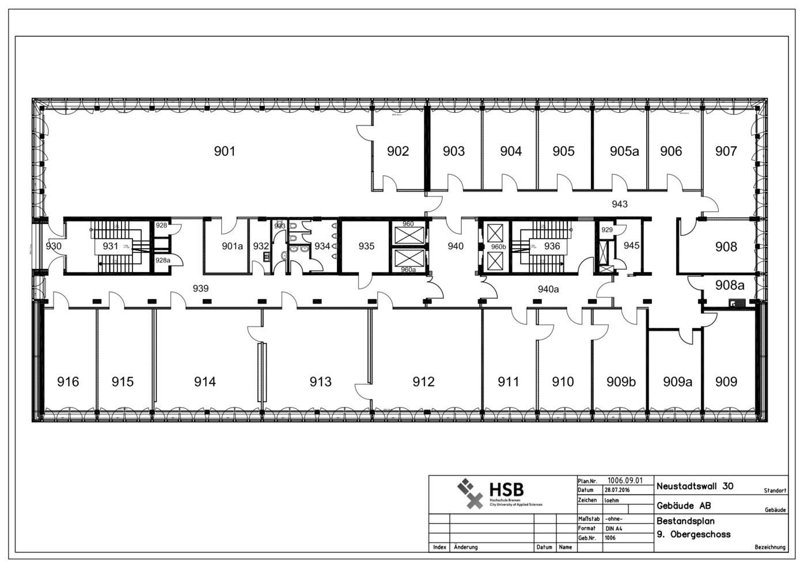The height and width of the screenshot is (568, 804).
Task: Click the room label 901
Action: coord(225,151)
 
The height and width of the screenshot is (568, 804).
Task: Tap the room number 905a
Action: coord(624,151)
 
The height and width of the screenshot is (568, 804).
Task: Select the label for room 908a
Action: coord(730,285)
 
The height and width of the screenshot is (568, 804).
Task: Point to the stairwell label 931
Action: coord(110,246)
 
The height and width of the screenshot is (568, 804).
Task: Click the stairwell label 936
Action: coord(552,246)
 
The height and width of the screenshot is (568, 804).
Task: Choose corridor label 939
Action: coord(200,288)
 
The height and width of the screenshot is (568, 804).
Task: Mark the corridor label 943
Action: coord(620,204)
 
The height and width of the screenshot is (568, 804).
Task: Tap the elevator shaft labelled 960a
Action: coord(408,269)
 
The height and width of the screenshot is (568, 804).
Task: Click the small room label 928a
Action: coord(163,260)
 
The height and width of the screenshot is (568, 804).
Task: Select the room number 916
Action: coord(68,382)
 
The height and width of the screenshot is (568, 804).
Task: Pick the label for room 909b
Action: coord(621,382)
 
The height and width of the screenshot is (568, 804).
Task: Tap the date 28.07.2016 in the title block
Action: coord(617,490)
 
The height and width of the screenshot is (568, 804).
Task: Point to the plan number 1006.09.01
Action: coord(625,481)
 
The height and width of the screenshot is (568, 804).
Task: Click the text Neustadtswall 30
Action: coord(695,486)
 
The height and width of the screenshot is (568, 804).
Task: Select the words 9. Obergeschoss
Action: coord(693,534)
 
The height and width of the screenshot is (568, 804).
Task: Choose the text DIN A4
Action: coord(614,528)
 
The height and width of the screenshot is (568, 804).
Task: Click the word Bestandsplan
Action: coord(685,521)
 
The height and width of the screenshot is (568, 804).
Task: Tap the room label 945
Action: coord(631,246)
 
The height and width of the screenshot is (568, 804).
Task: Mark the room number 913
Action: coord(320,382)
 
